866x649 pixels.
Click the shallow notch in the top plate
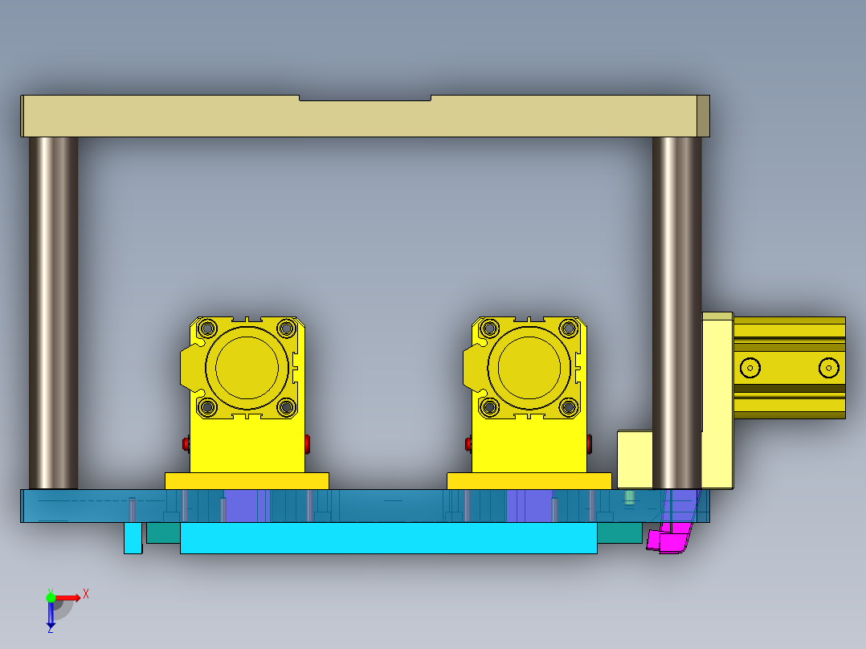pos(365,98)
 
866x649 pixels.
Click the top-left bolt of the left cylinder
pos(207,328)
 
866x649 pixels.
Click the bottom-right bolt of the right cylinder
pos(569,407)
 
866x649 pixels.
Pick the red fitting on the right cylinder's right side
pos(590,443)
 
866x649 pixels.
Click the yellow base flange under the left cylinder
pos(247,480)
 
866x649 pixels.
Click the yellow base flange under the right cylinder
pos(529,480)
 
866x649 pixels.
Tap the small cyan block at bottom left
pos(133,537)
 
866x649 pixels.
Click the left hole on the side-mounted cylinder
pos(750,368)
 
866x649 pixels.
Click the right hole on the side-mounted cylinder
pos(827,368)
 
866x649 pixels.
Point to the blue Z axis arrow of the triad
pos(51,618)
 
